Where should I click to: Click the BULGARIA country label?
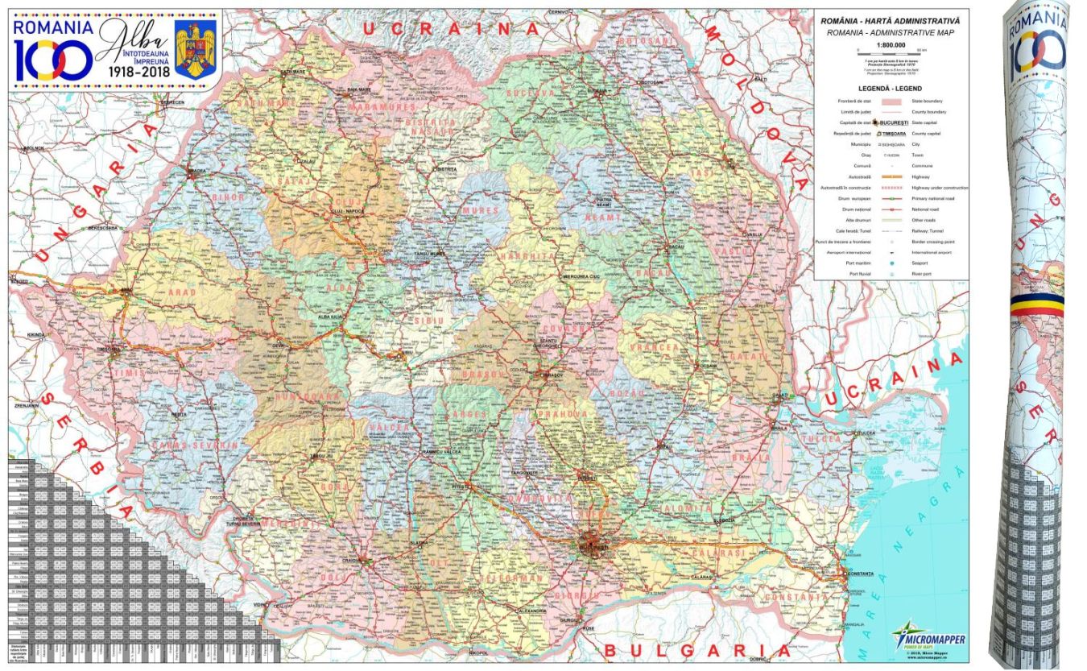(x=688, y=650)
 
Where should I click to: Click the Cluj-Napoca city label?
(x=349, y=211)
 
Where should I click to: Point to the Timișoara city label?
(x=108, y=349)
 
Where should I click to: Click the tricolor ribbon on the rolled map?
(x=1039, y=304)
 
